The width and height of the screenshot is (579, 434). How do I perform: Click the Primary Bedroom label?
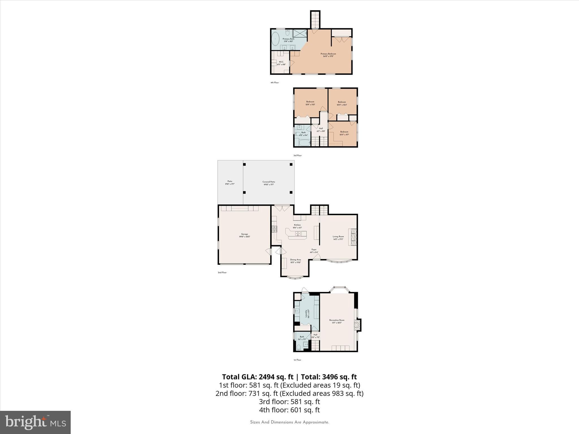(328, 55)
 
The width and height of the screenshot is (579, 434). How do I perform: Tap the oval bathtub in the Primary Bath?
(275, 39)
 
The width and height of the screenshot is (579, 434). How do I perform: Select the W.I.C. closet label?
(281, 63)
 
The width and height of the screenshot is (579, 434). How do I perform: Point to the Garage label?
(245, 235)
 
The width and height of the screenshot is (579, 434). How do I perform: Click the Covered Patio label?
(269, 183)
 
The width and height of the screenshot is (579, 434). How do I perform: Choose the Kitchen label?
(297, 226)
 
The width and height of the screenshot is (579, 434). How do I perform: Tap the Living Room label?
(338, 238)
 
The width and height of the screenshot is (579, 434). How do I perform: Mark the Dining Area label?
(295, 261)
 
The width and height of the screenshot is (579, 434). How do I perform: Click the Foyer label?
(314, 251)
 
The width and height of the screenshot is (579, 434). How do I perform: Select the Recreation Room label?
(337, 321)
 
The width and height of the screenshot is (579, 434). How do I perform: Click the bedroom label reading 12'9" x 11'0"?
(310, 103)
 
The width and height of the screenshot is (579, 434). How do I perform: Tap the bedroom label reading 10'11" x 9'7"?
(344, 133)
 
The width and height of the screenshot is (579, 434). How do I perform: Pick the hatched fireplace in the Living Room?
(354, 237)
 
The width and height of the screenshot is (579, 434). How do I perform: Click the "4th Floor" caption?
(275, 83)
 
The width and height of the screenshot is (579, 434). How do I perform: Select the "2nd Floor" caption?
(222, 273)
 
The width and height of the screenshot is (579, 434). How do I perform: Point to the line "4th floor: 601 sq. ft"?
(289, 410)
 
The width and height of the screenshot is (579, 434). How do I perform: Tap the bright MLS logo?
(35, 422)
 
